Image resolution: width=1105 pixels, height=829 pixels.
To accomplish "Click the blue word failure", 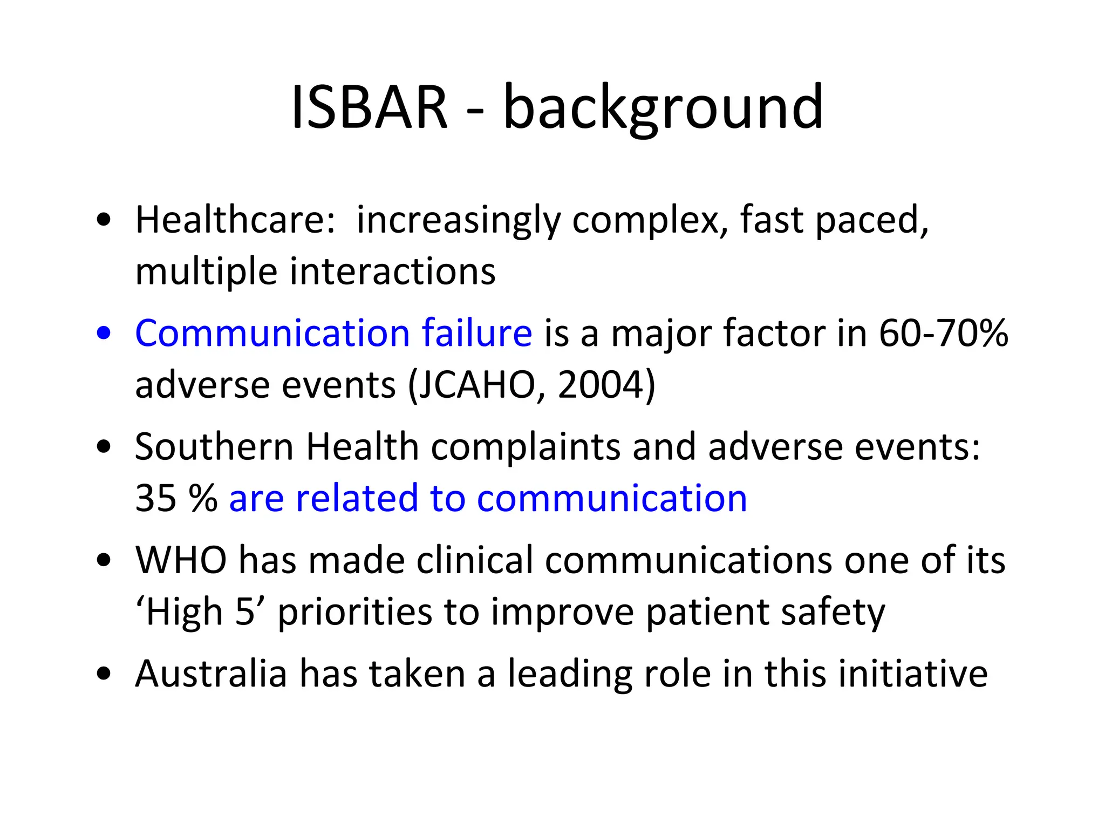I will tap(477, 333).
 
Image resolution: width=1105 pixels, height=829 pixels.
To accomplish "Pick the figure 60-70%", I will tap(943, 333).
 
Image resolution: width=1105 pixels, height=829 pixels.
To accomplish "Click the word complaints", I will tap(526, 447).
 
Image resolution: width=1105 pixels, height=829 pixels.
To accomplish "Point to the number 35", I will tap(155, 498).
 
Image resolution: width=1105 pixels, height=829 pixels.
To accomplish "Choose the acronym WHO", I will tap(181, 560).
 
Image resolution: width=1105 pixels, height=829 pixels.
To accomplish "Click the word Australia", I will tap(211, 674).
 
